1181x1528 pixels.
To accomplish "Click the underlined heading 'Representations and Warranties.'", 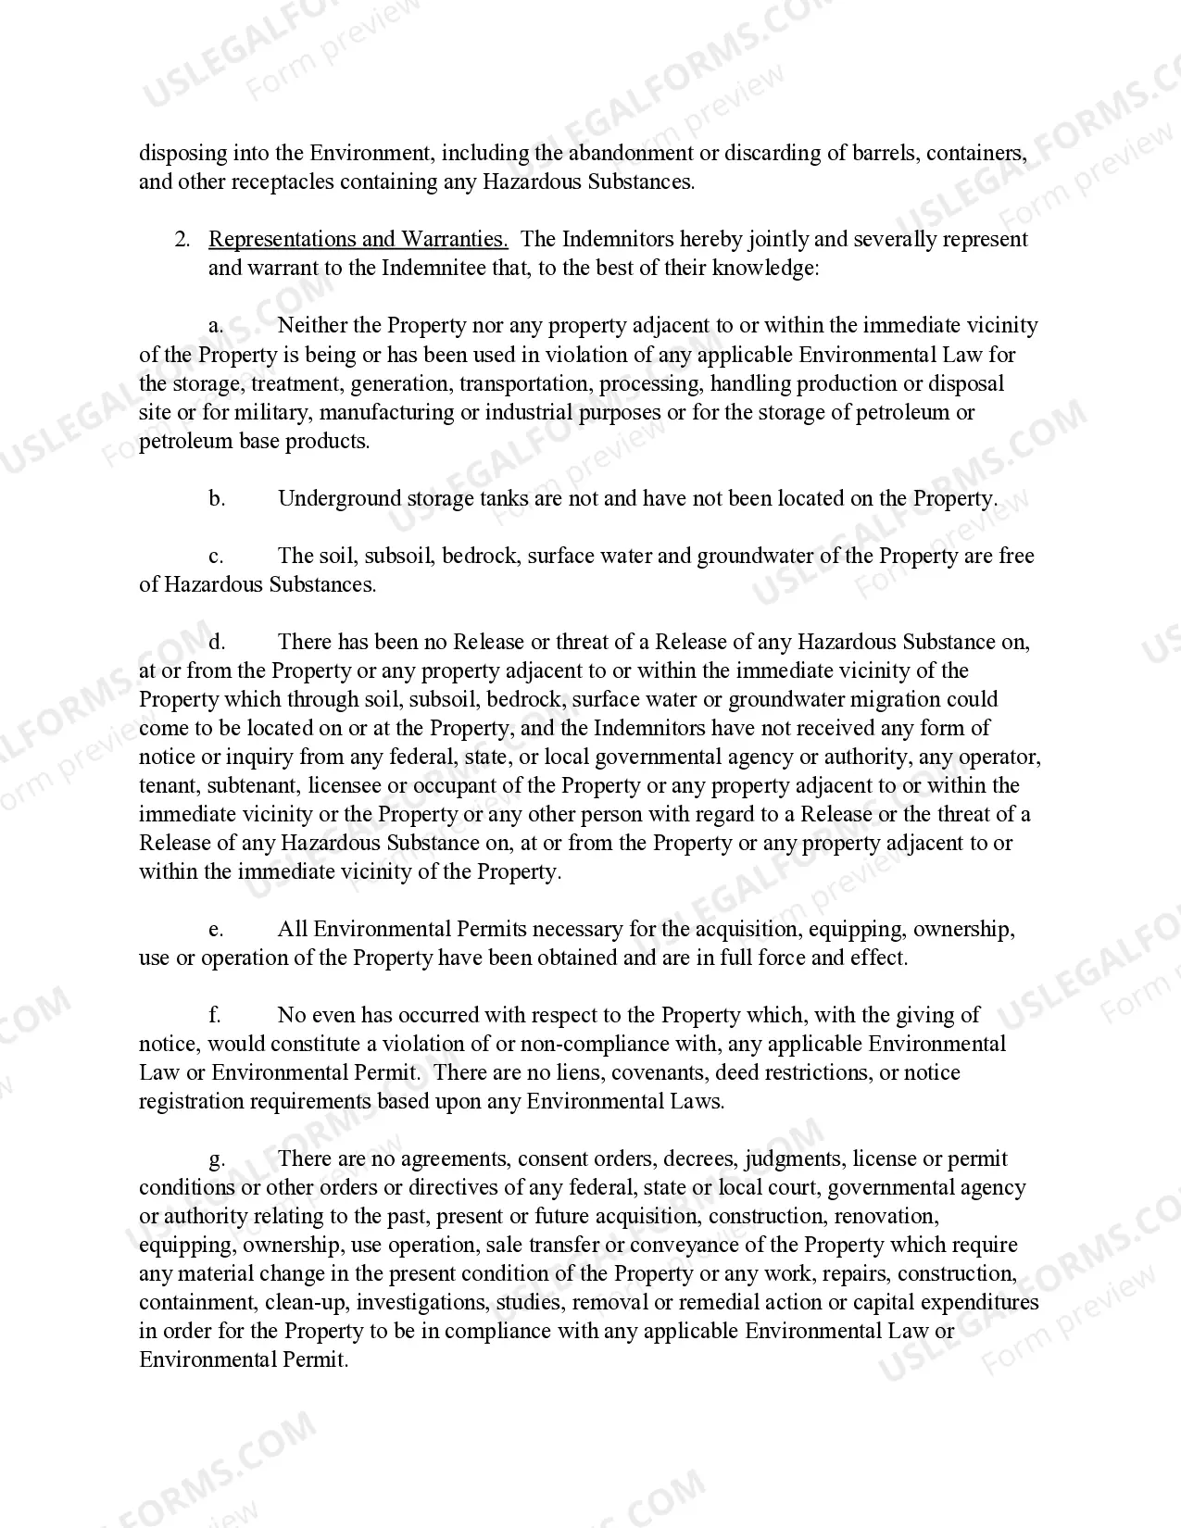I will [358, 240].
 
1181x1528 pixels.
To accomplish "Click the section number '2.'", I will [182, 240].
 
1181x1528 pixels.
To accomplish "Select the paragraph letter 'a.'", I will [215, 326].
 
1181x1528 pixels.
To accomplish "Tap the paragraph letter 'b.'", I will [216, 499].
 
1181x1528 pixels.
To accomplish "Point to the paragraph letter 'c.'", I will [215, 557].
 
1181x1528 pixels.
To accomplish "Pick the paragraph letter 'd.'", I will [216, 643].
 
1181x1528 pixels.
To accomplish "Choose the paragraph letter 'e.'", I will [215, 930].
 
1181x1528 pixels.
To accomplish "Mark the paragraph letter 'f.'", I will [214, 1016].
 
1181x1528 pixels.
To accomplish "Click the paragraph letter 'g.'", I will [216, 1159].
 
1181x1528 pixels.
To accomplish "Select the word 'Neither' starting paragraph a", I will [312, 326].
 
